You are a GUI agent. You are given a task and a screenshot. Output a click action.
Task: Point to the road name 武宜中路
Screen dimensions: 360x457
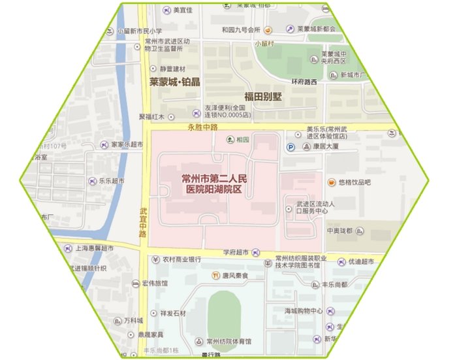point(144,222)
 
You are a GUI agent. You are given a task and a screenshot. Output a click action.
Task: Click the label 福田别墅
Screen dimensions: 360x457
point(264,96)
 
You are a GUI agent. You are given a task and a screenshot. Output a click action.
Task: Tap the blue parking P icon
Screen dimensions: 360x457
point(291,148)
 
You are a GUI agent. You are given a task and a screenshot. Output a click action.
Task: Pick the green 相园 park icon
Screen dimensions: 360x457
point(229,139)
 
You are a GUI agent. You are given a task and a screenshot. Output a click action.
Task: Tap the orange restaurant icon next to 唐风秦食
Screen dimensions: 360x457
point(215,276)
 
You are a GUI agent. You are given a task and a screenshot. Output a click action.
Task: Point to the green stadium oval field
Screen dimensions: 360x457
point(224,314)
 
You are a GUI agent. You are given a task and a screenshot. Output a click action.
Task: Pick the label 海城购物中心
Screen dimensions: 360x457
point(304,310)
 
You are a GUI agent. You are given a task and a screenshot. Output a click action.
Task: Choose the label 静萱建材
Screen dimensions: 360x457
point(174,69)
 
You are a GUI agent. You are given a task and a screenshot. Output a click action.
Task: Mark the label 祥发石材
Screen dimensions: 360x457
point(173,313)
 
